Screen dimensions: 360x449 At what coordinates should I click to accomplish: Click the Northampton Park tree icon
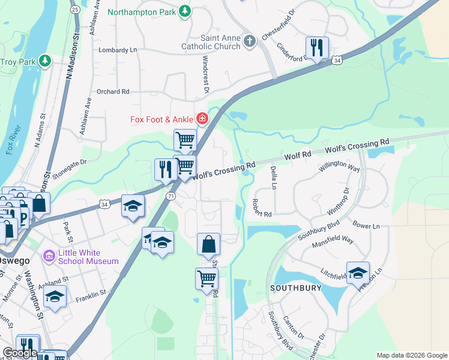click(185, 11)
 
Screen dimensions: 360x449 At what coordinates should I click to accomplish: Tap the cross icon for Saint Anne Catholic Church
click(250, 41)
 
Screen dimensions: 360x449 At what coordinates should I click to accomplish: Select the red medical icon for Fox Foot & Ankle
click(202, 119)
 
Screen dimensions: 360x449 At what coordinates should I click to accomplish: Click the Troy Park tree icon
click(44, 61)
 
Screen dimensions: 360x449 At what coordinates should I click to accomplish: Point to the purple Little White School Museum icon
click(49, 256)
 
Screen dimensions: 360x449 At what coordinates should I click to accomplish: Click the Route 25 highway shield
click(75, 9)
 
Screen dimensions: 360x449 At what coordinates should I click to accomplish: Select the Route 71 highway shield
click(172, 196)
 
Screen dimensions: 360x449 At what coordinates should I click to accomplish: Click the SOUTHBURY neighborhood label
click(292, 288)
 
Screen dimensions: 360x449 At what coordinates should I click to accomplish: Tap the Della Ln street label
click(273, 177)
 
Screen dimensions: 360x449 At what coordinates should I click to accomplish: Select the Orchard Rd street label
click(113, 92)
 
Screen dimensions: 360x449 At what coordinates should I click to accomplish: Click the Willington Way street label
click(339, 167)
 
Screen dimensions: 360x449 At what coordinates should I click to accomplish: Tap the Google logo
click(19, 353)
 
